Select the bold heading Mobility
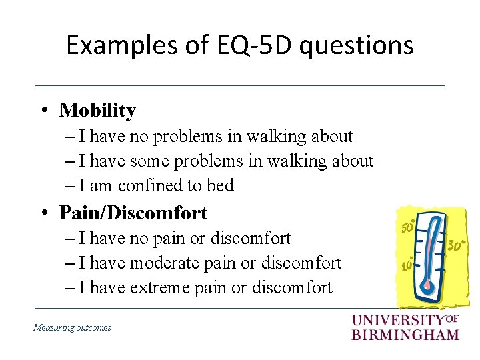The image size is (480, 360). [x=97, y=110]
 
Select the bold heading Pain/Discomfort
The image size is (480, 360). [x=133, y=213]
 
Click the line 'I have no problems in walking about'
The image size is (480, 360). [x=215, y=137]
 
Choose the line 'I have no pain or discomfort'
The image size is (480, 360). [x=185, y=238]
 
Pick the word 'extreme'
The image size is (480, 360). [x=160, y=288]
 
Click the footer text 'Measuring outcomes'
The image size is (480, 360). [x=72, y=327]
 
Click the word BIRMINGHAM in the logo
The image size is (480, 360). [x=405, y=334]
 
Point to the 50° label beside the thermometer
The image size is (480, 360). [x=408, y=227]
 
